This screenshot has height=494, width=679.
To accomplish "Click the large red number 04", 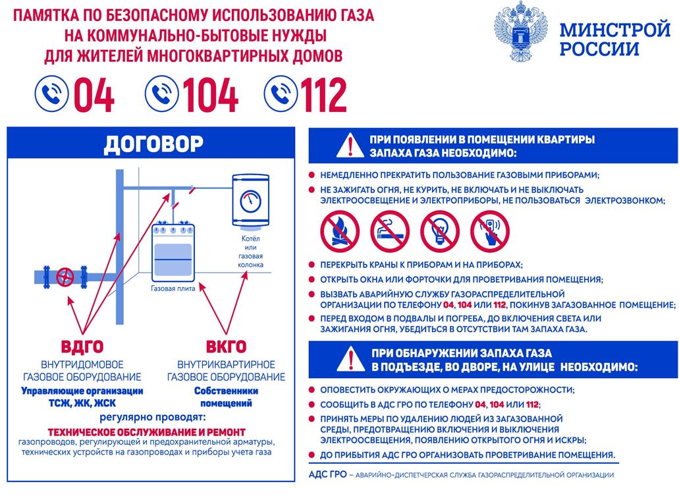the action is pos(94,95).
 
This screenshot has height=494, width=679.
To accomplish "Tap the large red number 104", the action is pos(211,95).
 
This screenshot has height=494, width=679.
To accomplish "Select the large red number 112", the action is pos(324,95).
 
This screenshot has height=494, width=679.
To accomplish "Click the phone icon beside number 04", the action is pos(51,94).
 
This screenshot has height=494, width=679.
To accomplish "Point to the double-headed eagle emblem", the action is pos(520,31).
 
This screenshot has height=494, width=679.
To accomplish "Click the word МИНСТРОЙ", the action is pos(615,30).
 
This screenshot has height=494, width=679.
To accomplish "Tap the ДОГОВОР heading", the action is pos(153,144).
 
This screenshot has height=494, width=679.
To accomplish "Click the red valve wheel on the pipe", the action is pos(65,277).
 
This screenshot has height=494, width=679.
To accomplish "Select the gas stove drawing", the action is pos(173,252).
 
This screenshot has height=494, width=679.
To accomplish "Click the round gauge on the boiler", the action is pos(251,202).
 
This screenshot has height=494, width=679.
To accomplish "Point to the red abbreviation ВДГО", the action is pos(82,347).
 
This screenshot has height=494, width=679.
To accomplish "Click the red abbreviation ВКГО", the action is pos(226,347).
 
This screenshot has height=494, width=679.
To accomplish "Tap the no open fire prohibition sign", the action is pos(340,232).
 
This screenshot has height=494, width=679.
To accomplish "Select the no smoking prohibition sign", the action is pos(390,232).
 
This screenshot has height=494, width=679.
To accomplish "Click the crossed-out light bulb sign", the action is pos(440,232).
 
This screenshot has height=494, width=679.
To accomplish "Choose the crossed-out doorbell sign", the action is pos(490,232).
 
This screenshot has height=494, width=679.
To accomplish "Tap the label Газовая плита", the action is pos(173,288).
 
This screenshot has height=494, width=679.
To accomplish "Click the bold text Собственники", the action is pos(226,391).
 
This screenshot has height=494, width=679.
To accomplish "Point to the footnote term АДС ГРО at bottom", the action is pos(328,474).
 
